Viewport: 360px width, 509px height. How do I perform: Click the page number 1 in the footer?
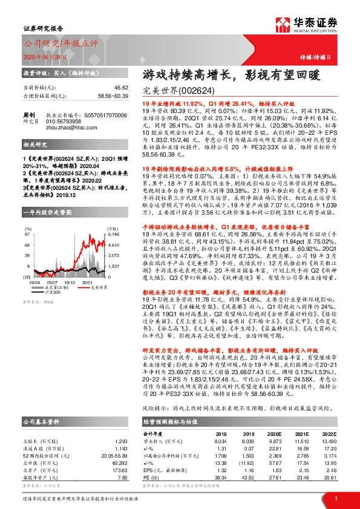coord(335,498)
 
